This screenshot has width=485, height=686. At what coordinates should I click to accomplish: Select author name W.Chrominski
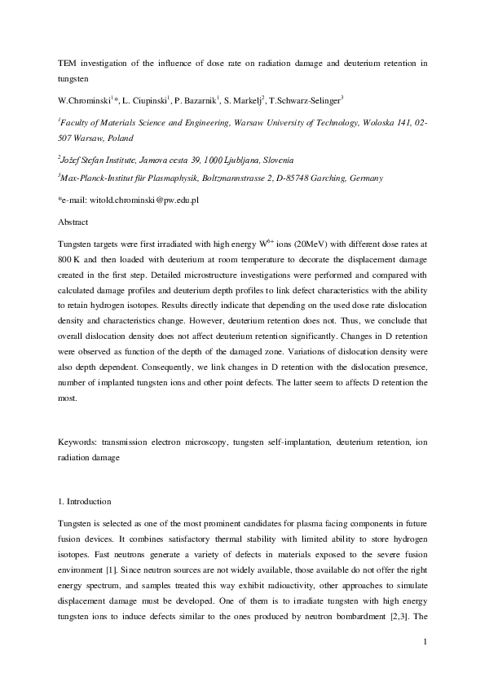(x=86, y=100)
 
